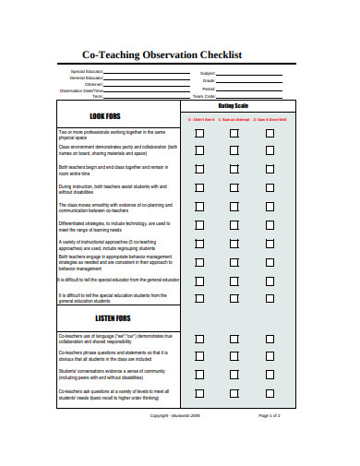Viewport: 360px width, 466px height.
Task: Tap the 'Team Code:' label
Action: coord(203,96)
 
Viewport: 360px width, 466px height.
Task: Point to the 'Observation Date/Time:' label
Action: coord(82,90)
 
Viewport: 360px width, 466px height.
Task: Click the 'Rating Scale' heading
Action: coord(234,106)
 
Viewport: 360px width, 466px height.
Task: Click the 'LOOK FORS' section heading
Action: coord(104,116)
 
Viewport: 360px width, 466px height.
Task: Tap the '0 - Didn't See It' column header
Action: coord(201,120)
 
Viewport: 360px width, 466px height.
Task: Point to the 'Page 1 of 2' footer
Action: coord(270,415)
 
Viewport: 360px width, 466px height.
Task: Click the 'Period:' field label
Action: coord(208,88)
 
